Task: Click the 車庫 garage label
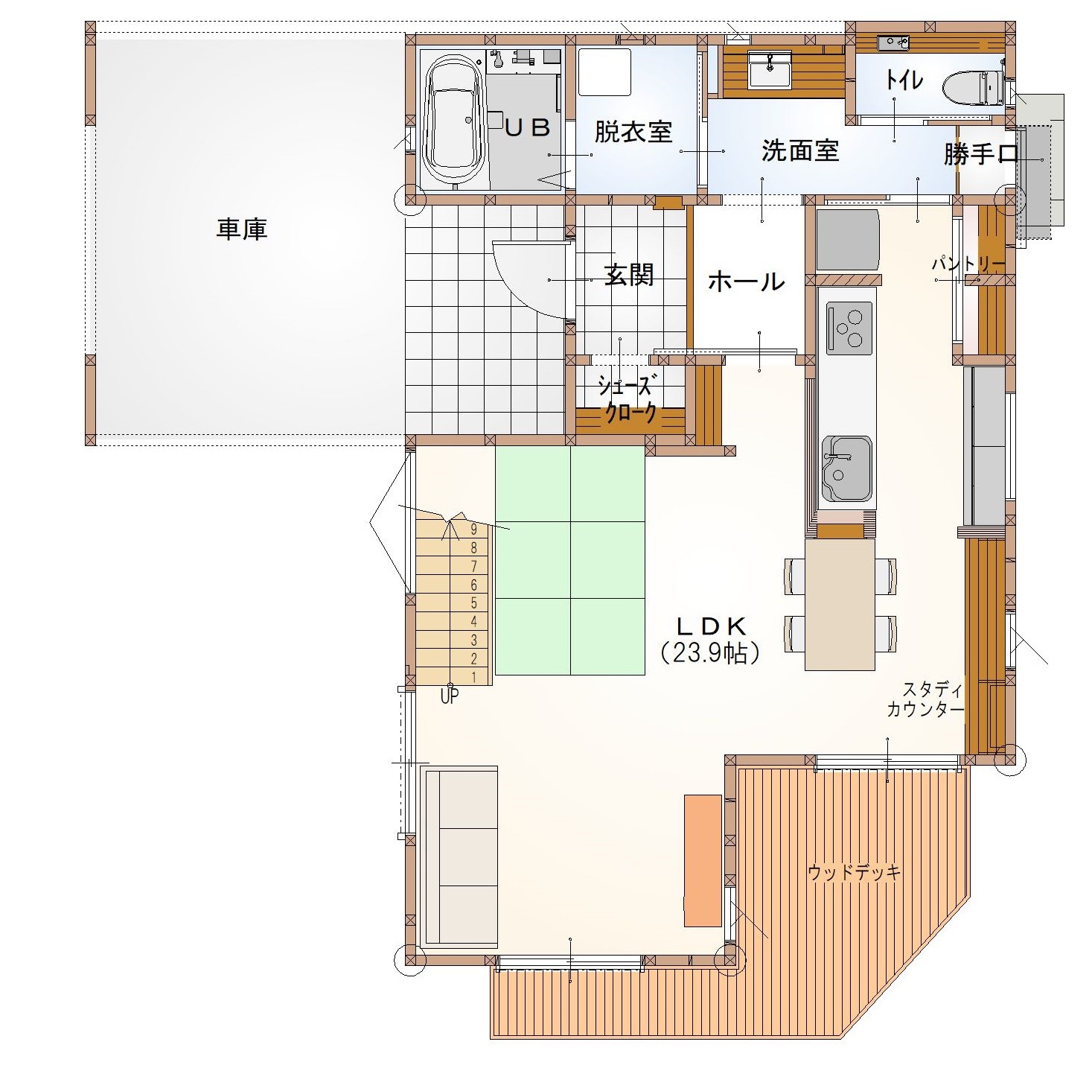click(x=242, y=229)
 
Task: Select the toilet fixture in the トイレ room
click(x=974, y=89)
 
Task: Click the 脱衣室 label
click(x=633, y=132)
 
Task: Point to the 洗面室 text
click(x=800, y=150)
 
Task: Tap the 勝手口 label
click(x=980, y=154)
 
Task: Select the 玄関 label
click(x=629, y=275)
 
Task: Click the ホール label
click(x=747, y=282)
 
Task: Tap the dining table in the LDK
click(x=840, y=605)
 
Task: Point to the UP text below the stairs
click(x=450, y=696)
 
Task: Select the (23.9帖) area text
click(x=711, y=652)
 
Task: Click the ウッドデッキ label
click(x=854, y=872)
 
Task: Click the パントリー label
click(x=968, y=264)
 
